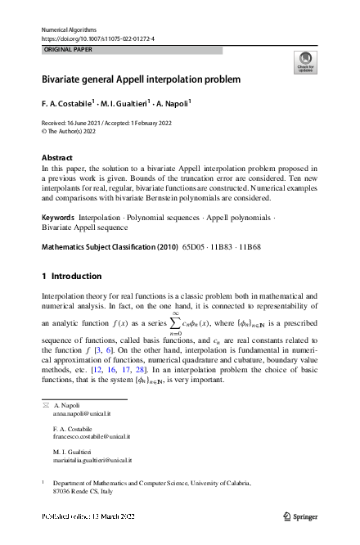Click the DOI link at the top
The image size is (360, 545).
point(97,38)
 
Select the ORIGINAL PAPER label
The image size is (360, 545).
point(70,50)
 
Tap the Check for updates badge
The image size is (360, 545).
point(304,62)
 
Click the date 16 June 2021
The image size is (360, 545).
point(87,121)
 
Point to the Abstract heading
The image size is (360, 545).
point(58,156)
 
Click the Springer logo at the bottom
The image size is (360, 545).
point(299,517)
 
